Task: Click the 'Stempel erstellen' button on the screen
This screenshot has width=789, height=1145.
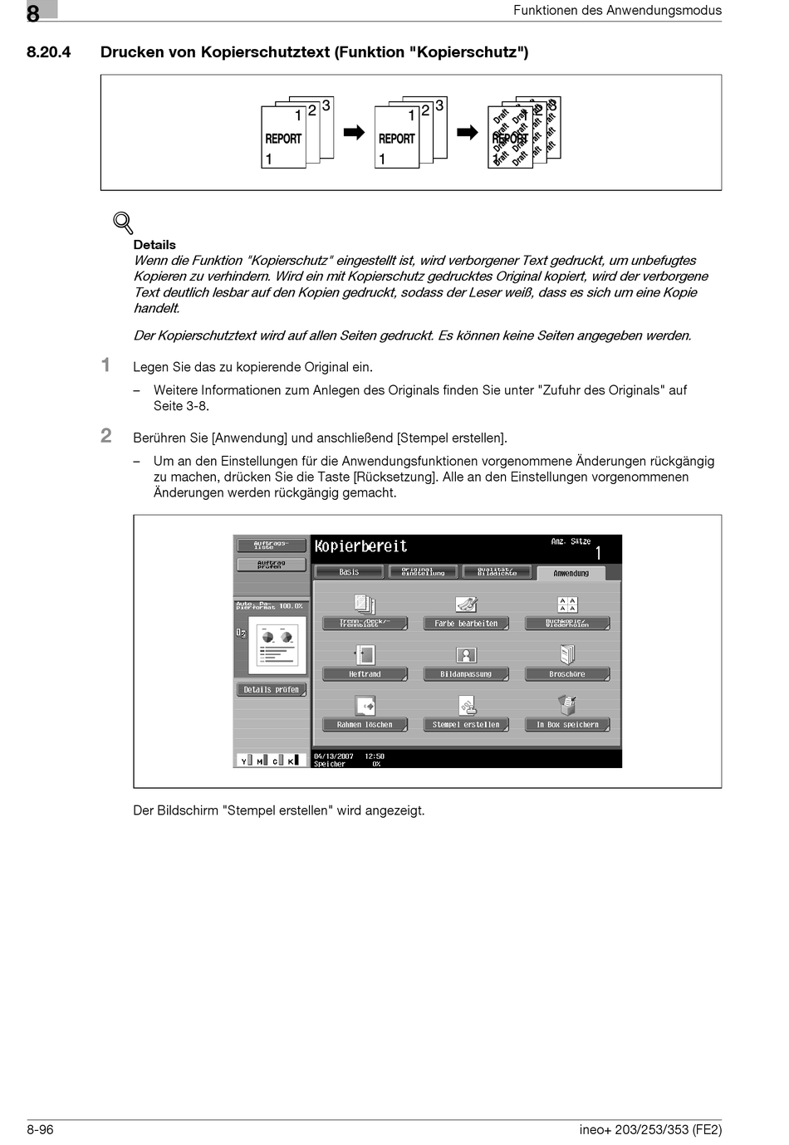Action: point(466,724)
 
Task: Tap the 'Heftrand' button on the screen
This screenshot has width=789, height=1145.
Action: point(365,674)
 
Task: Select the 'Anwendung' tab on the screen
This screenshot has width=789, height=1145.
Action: point(571,573)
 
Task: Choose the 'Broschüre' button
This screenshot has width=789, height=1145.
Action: point(567,674)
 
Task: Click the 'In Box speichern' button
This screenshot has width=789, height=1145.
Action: point(567,724)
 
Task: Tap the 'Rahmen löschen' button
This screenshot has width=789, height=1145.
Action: point(365,724)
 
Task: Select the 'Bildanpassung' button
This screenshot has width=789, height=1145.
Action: point(466,674)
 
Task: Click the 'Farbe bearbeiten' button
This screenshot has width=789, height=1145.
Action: point(466,623)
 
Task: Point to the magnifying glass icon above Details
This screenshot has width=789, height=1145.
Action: point(123,223)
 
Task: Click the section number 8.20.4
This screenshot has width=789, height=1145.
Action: point(48,52)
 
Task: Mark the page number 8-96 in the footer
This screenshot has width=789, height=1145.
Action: point(40,1129)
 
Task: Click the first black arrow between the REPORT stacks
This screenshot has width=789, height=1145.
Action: point(354,133)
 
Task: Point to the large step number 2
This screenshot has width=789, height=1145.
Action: point(106,436)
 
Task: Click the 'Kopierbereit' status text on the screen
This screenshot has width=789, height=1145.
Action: point(360,546)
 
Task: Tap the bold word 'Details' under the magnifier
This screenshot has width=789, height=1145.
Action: point(154,245)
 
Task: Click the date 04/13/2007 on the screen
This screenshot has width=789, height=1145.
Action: point(334,756)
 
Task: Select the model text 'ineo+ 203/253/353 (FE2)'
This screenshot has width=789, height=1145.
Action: point(650,1129)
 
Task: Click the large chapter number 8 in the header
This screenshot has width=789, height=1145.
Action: point(33,13)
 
